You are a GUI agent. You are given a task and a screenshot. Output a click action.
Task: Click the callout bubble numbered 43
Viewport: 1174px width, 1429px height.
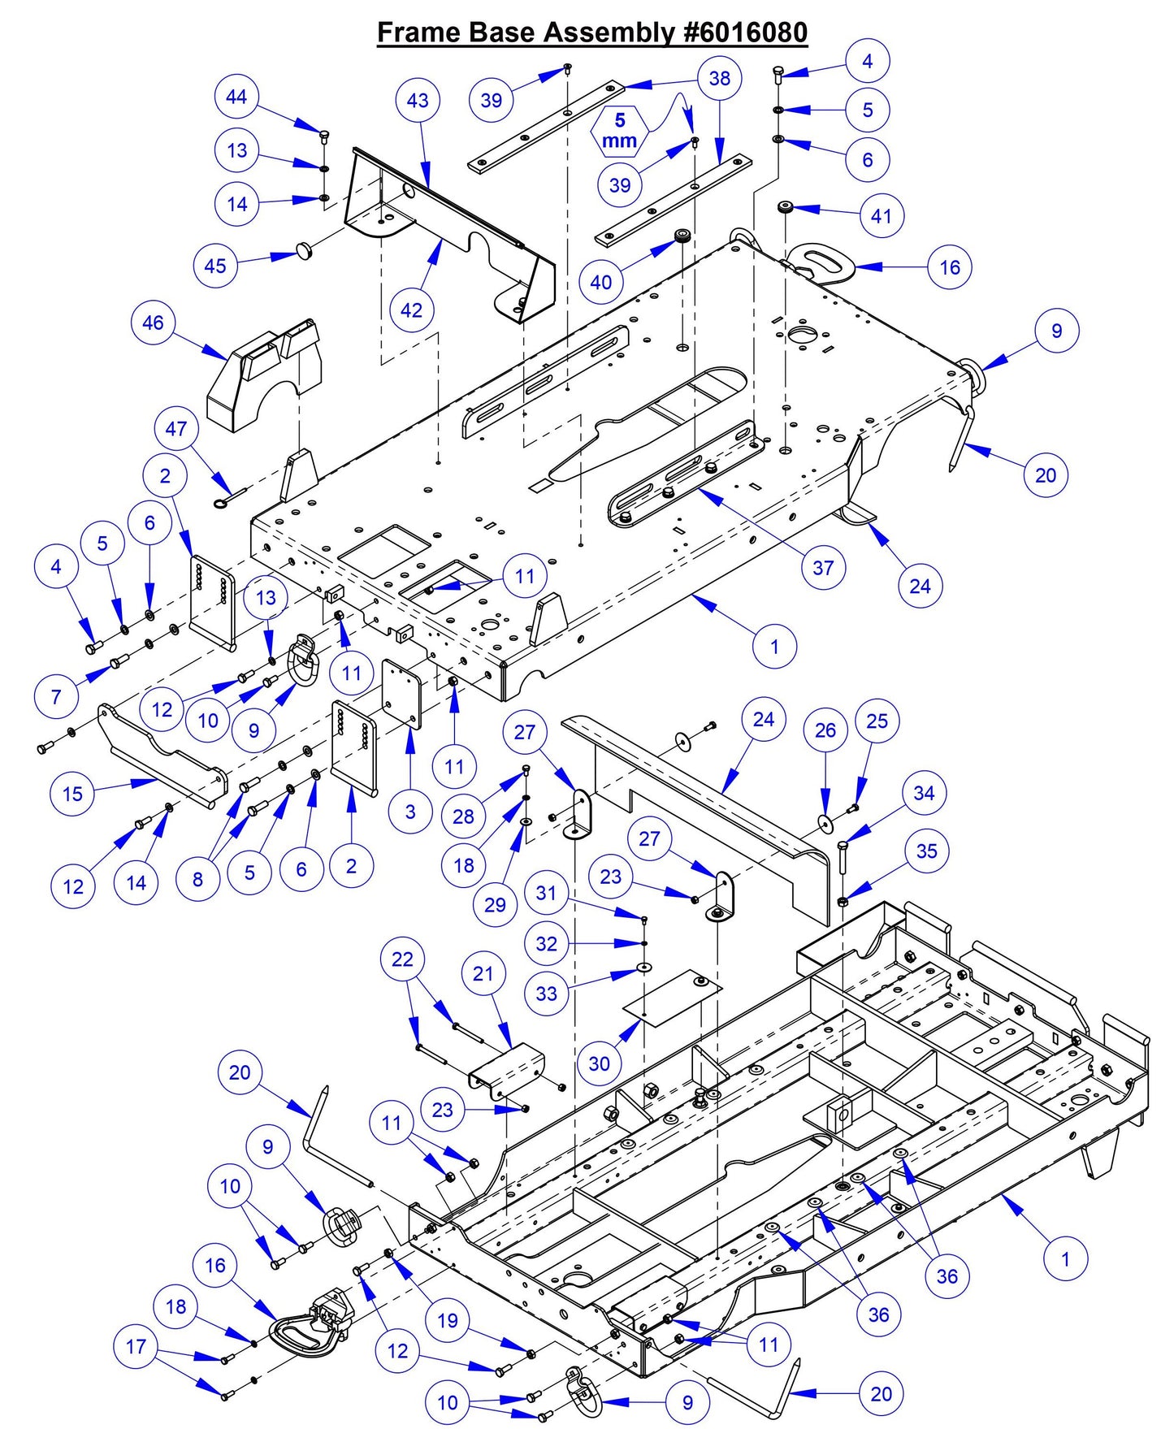tap(418, 101)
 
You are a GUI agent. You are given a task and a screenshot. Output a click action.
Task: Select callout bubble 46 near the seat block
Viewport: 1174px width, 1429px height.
tap(153, 323)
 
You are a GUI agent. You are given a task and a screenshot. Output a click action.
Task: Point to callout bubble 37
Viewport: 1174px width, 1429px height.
tap(823, 568)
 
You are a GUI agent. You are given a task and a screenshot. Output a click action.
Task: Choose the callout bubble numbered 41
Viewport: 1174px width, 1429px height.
tap(882, 216)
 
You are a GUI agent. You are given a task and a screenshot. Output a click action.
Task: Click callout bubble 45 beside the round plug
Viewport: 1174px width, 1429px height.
tap(215, 266)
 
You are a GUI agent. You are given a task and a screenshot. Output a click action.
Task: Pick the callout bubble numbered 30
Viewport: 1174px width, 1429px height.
tap(599, 1063)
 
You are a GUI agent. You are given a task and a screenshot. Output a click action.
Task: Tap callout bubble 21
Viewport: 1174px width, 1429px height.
tap(483, 973)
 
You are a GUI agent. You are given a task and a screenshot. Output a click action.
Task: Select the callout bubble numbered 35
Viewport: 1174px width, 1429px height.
tap(927, 851)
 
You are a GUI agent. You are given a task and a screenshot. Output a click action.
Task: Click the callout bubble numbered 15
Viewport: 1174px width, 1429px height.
tap(72, 794)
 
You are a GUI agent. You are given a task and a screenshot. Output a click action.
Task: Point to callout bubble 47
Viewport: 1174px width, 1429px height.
tap(176, 429)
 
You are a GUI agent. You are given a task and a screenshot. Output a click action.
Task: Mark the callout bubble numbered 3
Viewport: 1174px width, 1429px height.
tap(410, 811)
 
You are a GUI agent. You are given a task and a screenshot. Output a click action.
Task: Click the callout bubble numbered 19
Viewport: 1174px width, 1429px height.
tap(448, 1320)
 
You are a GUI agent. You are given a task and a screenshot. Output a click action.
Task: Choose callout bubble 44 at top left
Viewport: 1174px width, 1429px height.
tap(236, 97)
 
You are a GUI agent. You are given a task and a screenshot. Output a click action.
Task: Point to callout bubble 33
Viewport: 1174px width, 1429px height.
tap(547, 994)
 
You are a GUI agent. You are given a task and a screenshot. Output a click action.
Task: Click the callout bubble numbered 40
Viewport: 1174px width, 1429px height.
tap(601, 282)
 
